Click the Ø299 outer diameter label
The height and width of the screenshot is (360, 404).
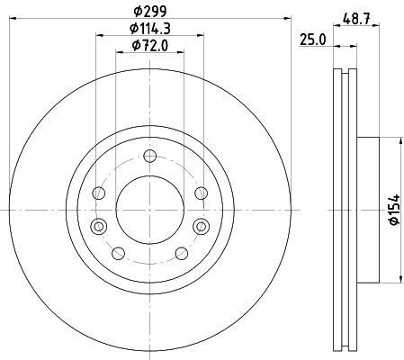click(150, 12)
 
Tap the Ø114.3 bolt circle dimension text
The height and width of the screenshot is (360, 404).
click(150, 29)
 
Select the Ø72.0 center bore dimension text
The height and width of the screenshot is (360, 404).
click(150, 46)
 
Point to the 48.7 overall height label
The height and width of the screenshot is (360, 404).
click(356, 20)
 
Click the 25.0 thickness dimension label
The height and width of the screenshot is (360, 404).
click(313, 40)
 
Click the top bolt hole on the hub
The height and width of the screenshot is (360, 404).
click(149, 156)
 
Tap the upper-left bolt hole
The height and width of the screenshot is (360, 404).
click(99, 193)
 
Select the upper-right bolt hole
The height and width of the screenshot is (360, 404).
click(201, 193)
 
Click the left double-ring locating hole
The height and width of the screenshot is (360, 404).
click(99, 226)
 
